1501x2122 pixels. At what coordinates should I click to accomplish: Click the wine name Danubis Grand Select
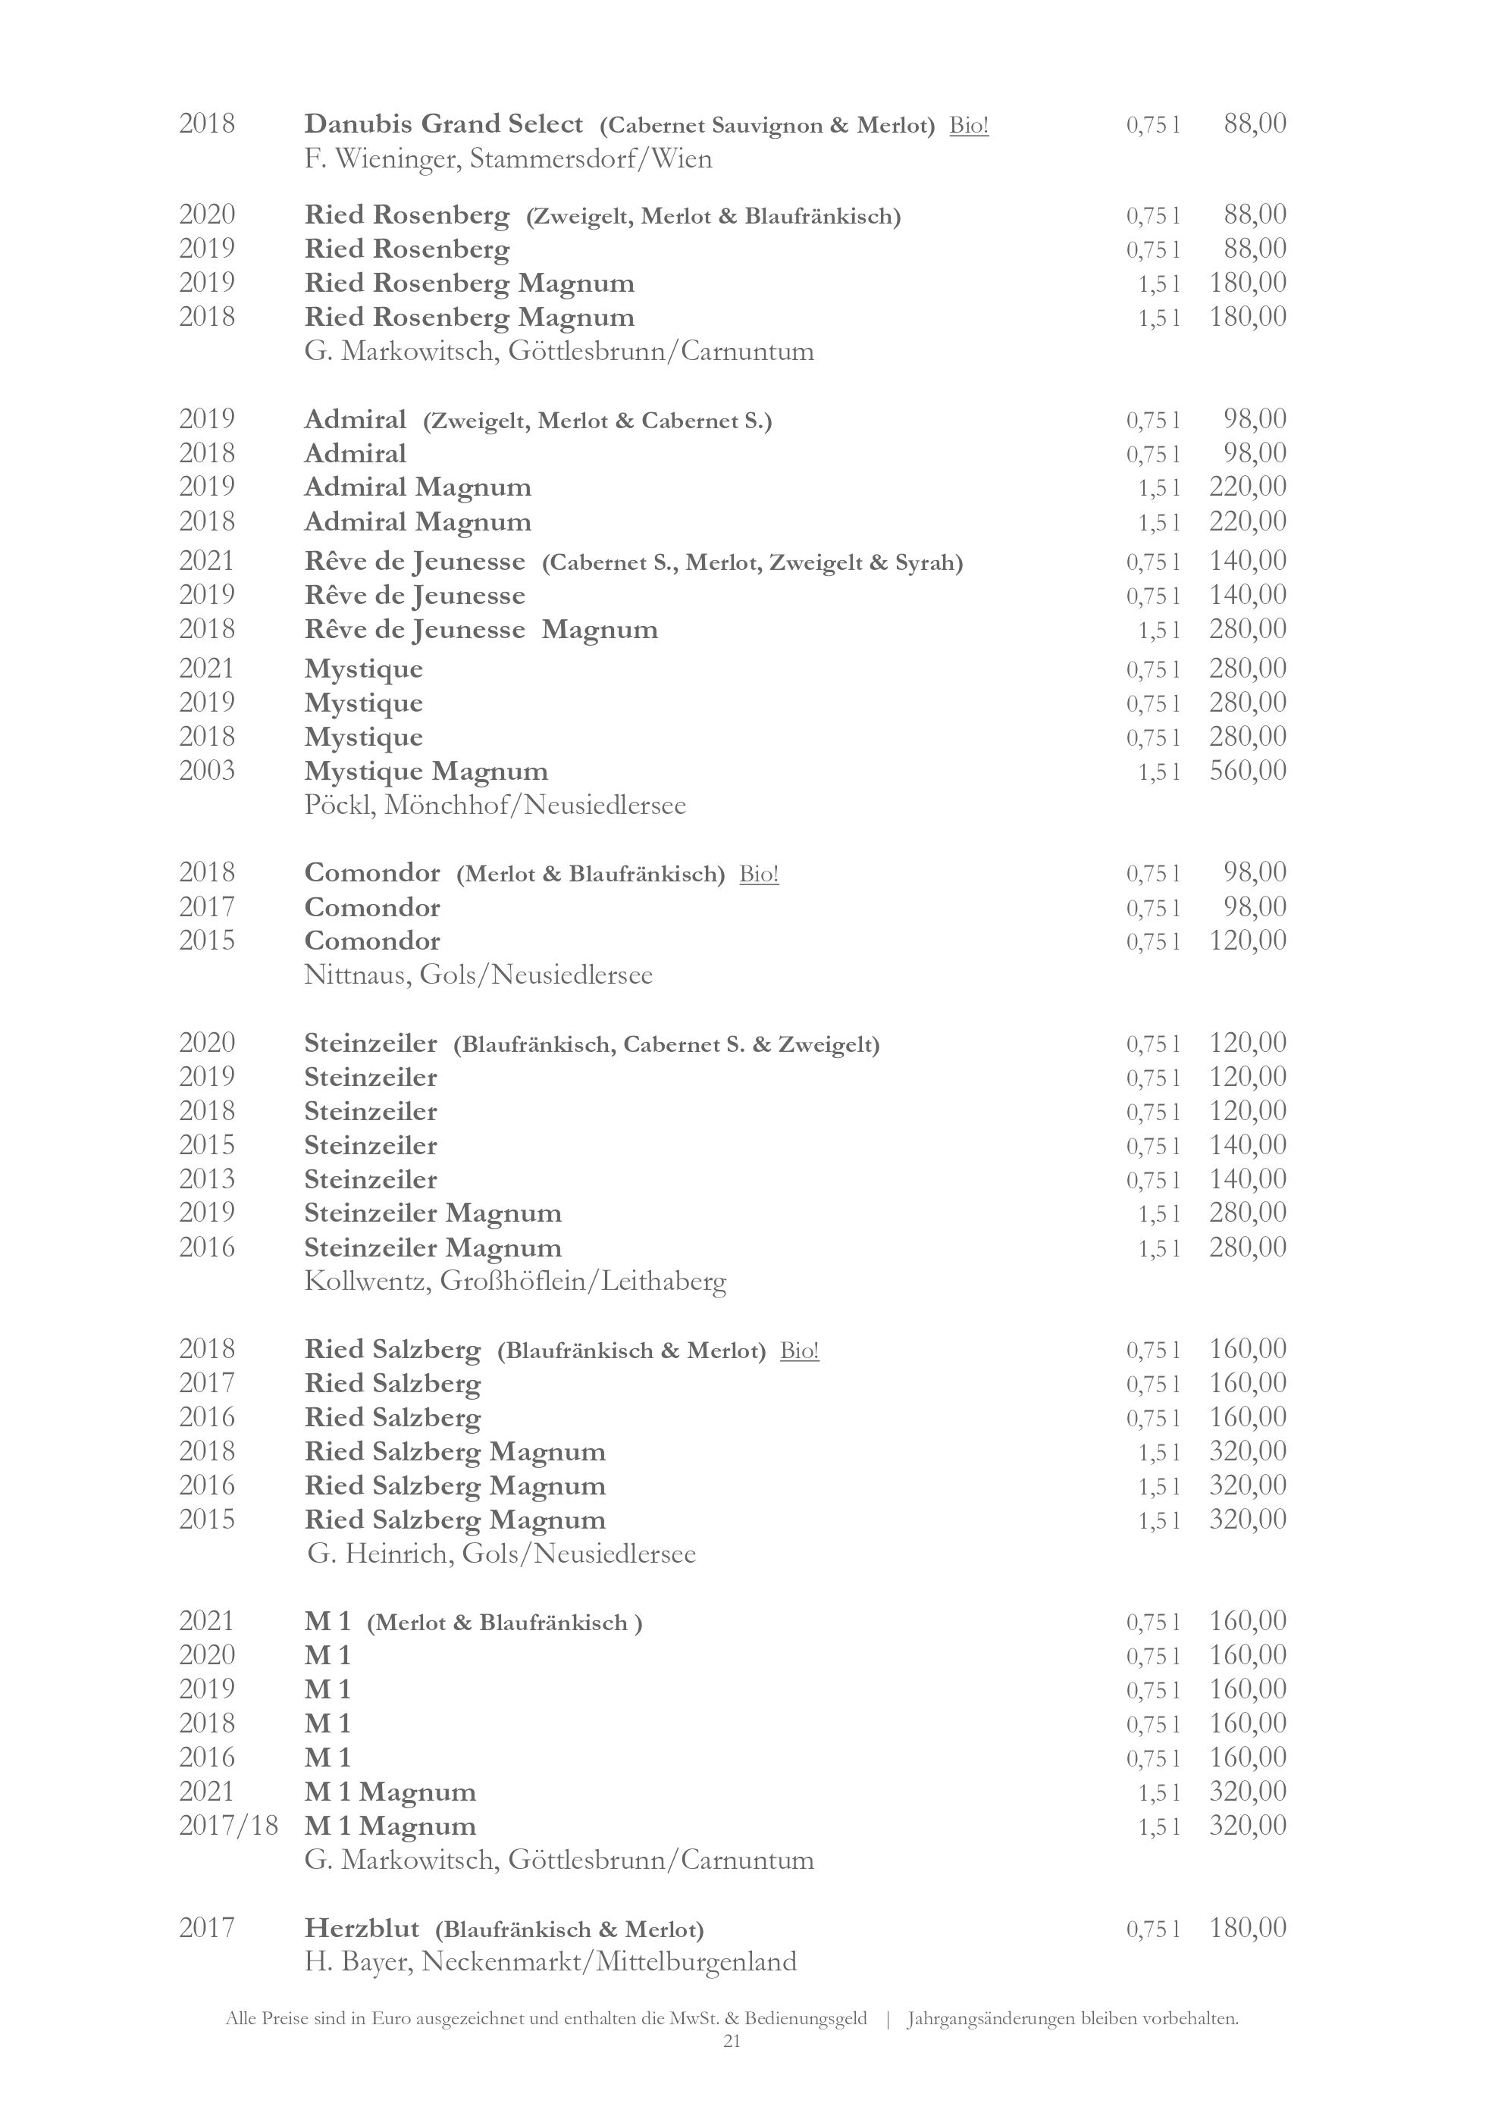click(443, 124)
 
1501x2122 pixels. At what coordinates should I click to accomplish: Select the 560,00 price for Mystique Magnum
click(1247, 771)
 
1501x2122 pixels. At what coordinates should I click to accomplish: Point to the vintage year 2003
click(207, 771)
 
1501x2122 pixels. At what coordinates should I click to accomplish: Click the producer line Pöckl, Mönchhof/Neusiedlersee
click(494, 805)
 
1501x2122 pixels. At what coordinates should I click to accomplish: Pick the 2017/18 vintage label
click(228, 1826)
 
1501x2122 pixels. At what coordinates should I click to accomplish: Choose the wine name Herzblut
click(362, 1928)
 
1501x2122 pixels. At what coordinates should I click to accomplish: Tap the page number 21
click(731, 2042)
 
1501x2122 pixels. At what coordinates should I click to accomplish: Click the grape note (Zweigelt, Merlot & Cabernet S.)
click(597, 421)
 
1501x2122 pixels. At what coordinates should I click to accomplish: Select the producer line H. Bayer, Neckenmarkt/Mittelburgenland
click(550, 1962)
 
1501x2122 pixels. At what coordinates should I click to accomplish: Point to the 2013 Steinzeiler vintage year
click(207, 1179)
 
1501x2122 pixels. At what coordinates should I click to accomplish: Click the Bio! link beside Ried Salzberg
click(800, 1351)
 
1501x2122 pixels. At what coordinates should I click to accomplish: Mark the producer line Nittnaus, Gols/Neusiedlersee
click(478, 975)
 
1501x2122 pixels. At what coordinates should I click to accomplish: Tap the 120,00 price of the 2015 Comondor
click(1247, 941)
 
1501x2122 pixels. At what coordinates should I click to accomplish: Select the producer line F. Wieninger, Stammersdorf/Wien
click(507, 159)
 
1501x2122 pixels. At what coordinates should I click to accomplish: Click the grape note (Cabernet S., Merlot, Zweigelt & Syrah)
click(752, 563)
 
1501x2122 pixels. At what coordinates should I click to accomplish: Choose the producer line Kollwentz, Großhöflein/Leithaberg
click(515, 1282)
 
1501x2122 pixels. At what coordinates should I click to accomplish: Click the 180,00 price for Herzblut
click(1247, 1928)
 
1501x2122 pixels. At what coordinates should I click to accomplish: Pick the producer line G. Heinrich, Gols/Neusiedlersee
click(501, 1554)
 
